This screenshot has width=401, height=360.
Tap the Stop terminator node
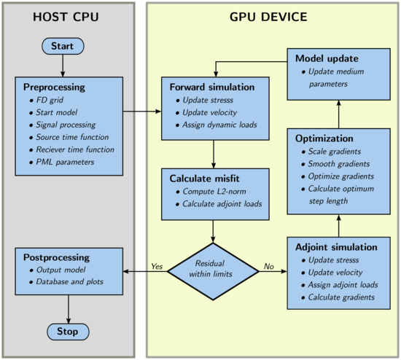pos(68,332)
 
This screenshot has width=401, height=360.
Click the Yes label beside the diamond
pos(155,265)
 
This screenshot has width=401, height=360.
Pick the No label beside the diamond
pos(268,265)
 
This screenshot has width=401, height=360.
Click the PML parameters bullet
pos(66,162)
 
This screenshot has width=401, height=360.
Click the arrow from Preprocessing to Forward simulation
pos(141,111)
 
